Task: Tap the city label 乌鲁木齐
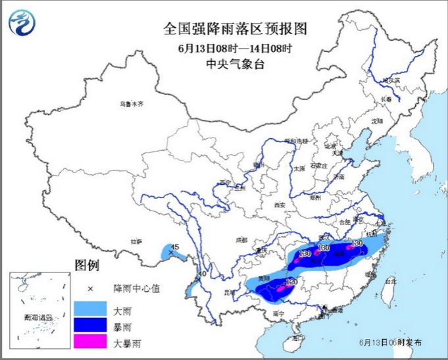click(x=131, y=104)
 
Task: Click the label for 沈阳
click(x=376, y=121)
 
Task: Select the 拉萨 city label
click(x=136, y=242)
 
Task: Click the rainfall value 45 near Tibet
click(x=174, y=247)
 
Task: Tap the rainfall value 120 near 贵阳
click(x=291, y=281)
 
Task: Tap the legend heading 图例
click(x=86, y=266)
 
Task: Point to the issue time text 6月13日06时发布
click(x=391, y=343)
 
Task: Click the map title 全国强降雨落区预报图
click(x=235, y=29)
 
